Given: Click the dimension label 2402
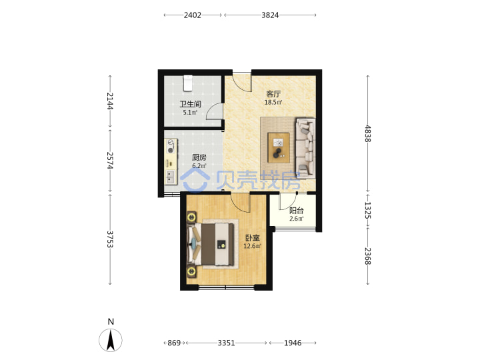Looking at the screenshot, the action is [192, 15].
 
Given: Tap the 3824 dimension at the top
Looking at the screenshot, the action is [270, 15].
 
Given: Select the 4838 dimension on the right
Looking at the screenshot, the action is [367, 133].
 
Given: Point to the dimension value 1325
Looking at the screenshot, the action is [367, 210].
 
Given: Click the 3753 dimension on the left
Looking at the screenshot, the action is [110, 239].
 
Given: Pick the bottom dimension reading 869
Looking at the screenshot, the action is [174, 343].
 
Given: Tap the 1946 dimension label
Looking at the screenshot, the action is [293, 343].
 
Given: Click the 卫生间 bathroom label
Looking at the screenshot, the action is [190, 104].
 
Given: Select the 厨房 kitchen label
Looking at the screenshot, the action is [199, 157].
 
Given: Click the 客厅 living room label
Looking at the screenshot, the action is [273, 94].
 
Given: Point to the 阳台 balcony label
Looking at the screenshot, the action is [296, 211].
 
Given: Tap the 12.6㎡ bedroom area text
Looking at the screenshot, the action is [252, 246].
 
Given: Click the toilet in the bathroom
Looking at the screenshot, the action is [187, 83].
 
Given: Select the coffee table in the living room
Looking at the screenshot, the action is [279, 147].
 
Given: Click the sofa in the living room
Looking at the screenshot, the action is [305, 149].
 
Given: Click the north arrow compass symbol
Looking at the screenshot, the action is [111, 340].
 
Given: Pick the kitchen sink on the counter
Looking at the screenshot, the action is [170, 177].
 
